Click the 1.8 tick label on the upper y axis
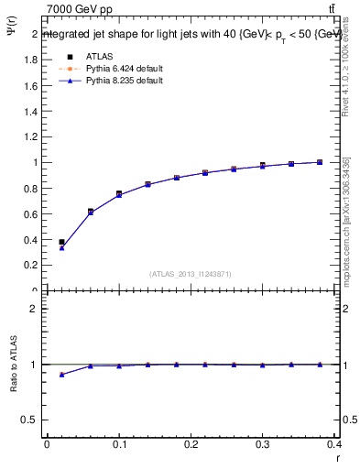tap(30, 60)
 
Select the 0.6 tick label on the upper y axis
tap(30, 213)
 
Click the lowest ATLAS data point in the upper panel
tap(61, 242)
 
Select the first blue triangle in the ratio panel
tap(61, 375)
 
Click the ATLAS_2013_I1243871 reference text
tap(191, 273)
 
